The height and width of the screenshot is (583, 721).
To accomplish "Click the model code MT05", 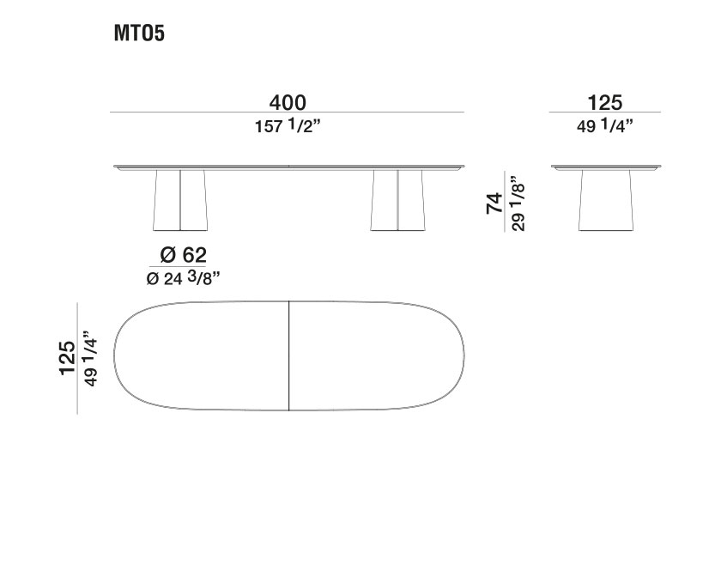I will coord(138,34).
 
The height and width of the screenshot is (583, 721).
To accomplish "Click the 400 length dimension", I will coord(287,102).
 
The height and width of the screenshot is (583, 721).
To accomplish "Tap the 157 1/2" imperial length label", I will coord(288,126).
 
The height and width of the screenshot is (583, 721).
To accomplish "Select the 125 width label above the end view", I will coord(604,102).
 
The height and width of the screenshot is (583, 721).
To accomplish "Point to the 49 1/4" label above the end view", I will coord(604,126).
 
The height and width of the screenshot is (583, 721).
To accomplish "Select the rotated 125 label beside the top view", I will coord(67,357).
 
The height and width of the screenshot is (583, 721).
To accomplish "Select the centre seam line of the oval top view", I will coord(289,357).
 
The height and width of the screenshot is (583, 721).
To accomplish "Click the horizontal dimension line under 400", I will coord(287,112).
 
